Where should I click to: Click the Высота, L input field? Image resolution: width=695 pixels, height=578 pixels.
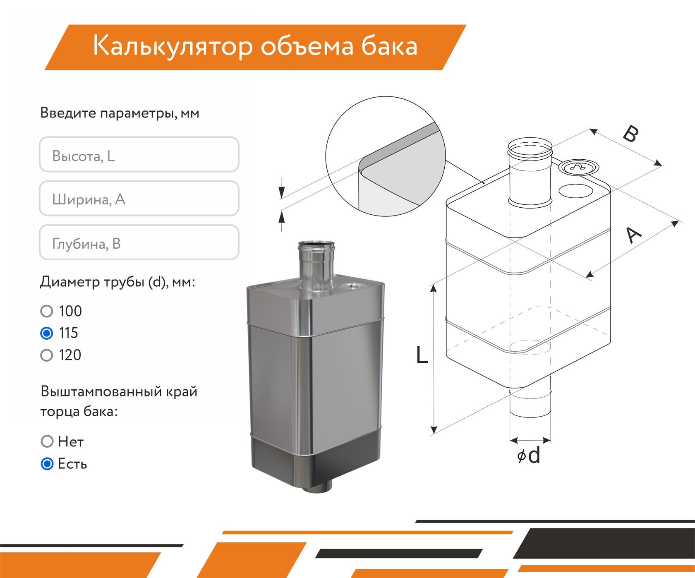pos(139,154)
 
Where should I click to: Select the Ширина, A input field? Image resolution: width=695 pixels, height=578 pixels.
pos(139,198)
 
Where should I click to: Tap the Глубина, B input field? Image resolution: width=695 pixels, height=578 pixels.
pos(139,242)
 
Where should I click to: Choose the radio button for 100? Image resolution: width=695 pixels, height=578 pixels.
pos(47,311)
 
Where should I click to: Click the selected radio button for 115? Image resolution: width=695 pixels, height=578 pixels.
pos(47,333)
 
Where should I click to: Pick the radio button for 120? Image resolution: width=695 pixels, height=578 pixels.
pos(47,355)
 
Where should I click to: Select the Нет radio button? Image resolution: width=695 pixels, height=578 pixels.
pos(47,441)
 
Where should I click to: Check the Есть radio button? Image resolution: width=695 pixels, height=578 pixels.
pos(47,464)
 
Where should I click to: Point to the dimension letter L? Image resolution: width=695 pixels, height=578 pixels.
pos(422,355)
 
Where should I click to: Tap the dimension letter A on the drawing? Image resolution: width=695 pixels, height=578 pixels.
pos(633,235)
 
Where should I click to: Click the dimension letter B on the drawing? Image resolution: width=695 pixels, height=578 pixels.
pos(631,133)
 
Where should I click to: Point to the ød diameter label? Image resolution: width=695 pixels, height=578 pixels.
pos(529,455)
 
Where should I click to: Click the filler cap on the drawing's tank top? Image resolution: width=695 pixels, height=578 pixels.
pos(578,167)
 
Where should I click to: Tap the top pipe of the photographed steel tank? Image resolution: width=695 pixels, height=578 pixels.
pos(316,266)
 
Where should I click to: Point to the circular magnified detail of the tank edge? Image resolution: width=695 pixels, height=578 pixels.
pos(385,156)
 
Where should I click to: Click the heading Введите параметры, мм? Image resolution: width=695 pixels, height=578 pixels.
pos(120,113)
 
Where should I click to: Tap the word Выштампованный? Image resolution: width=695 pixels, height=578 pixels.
pos(101,391)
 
